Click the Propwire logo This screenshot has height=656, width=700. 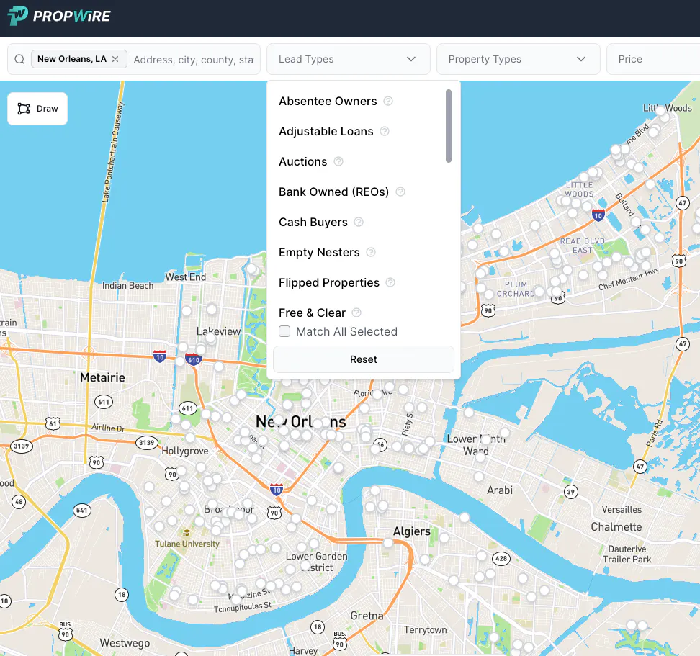pyautogui.click(x=59, y=16)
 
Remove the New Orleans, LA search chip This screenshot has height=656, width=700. pyautogui.click(x=115, y=59)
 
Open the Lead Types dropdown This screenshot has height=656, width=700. pyautogui.click(x=348, y=59)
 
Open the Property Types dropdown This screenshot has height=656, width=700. pyautogui.click(x=518, y=59)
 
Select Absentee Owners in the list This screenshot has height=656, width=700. pyautogui.click(x=328, y=102)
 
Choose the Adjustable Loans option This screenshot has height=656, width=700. pyautogui.click(x=326, y=132)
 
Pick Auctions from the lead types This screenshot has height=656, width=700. pyautogui.click(x=302, y=162)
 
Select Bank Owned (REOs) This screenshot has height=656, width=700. pyautogui.click(x=333, y=192)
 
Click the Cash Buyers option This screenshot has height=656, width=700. pyautogui.click(x=313, y=223)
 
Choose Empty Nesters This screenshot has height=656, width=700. pyautogui.click(x=319, y=253)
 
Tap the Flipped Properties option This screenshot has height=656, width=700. pyautogui.click(x=328, y=283)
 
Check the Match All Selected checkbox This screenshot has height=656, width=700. pyautogui.click(x=284, y=332)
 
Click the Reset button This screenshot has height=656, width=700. pyautogui.click(x=363, y=359)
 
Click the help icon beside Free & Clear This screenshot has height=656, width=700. pyautogui.click(x=356, y=313)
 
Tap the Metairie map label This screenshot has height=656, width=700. pyautogui.click(x=102, y=377)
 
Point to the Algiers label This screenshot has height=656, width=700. pyautogui.click(x=411, y=531)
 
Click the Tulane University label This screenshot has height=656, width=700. pyautogui.click(x=187, y=544)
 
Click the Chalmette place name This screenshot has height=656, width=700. pyautogui.click(x=616, y=527)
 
